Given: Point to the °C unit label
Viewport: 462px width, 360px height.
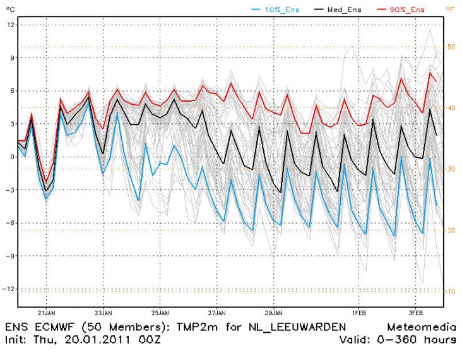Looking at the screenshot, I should tap(9, 9).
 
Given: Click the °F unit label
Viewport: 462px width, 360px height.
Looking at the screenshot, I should tap(449, 9).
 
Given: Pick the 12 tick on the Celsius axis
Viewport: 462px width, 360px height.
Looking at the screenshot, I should tap(10, 24).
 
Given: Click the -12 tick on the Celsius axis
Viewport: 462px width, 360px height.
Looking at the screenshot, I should tap(9, 289).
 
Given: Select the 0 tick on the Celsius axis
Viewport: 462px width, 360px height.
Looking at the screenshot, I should tap(11, 157).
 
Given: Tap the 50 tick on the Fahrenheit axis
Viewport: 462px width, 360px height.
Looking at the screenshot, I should tap(451, 47).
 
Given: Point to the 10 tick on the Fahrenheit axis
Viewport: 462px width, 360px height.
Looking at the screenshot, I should tap(451, 291).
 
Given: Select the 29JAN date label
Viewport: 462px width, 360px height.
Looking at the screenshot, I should tap(273, 313).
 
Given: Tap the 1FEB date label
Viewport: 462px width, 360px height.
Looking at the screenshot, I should tap(359, 313).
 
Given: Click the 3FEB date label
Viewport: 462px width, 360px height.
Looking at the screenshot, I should tap(415, 313).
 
